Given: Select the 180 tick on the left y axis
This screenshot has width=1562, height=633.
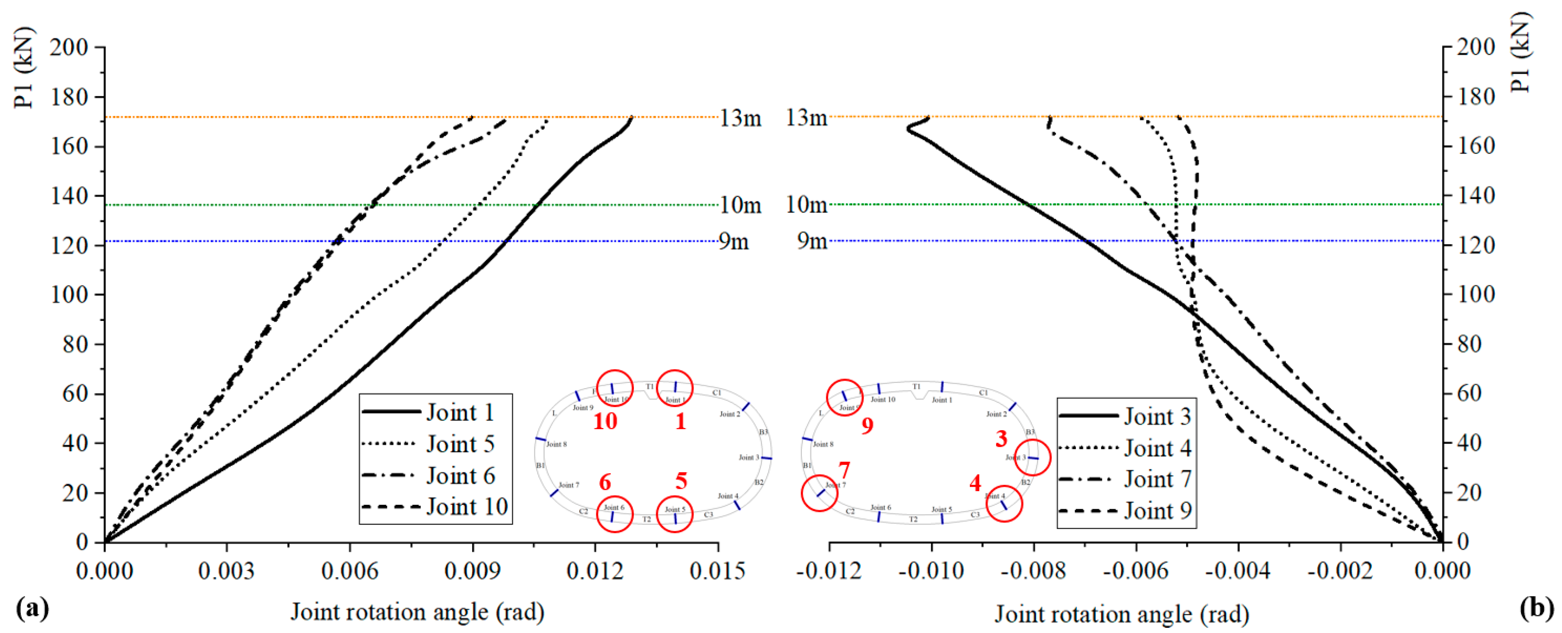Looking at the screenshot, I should point(69,97).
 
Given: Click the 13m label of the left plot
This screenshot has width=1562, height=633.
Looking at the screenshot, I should point(740,118).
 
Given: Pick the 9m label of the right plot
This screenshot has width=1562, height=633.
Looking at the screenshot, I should point(812,241).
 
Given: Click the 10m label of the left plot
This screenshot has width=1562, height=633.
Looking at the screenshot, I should point(740,206).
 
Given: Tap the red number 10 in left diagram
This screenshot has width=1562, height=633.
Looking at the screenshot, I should point(605,421).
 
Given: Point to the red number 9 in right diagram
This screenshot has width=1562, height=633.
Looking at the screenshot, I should point(867,426).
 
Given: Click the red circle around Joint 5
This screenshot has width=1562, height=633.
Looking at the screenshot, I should point(674,514).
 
